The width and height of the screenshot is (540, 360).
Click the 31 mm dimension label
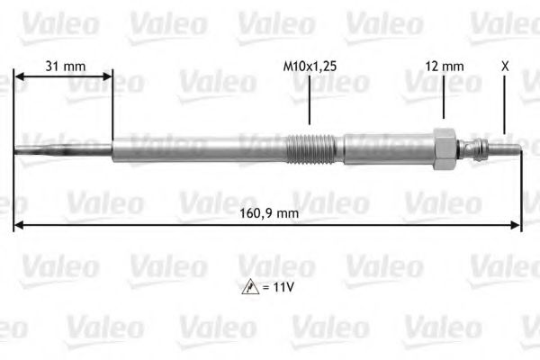(64, 65)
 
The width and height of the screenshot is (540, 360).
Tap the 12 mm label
(445, 65)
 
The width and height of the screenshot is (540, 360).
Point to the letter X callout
(504, 65)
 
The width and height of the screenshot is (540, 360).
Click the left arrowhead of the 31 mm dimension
(19, 77)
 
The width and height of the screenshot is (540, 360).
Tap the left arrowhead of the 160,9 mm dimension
(19, 224)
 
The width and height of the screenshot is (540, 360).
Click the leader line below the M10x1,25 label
(310, 99)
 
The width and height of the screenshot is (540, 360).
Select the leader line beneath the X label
(504, 103)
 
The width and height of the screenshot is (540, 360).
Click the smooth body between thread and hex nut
(387, 148)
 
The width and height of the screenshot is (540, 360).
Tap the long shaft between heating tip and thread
(198, 148)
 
